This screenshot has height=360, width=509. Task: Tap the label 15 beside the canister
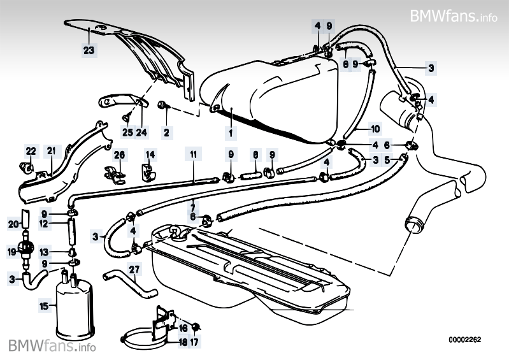point(44,306)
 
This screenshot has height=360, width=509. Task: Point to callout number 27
point(134,269)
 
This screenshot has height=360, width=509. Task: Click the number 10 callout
point(374,127)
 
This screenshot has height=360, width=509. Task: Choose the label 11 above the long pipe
point(193,154)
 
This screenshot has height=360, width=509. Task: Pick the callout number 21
point(51,151)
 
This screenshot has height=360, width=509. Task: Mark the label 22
point(31,151)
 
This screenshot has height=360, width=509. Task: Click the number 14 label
point(150,154)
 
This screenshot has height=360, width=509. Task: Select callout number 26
point(119,154)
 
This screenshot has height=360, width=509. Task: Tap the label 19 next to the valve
point(12,252)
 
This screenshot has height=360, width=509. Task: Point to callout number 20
point(12,224)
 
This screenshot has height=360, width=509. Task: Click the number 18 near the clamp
point(182,342)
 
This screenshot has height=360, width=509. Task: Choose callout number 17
point(195,342)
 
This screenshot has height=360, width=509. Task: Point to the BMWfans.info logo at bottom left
point(52,346)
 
